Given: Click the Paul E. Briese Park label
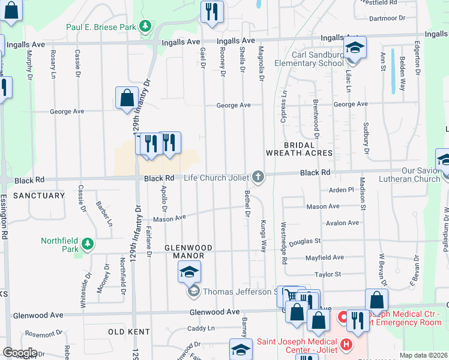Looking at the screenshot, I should click(x=101, y=27).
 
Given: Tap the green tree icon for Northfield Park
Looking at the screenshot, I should click(x=88, y=244).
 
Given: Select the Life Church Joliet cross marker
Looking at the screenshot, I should click(x=258, y=176).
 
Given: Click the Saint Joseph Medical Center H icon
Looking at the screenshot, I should click(x=346, y=344).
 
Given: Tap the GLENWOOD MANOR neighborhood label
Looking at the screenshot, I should click(x=188, y=251).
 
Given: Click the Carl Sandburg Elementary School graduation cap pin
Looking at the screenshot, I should click(x=354, y=47).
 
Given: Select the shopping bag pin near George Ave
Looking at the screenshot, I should click(x=127, y=98).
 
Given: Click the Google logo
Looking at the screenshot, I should click(x=20, y=353).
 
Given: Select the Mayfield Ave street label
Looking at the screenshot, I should click(x=324, y=257).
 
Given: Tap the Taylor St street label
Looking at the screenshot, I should click(x=328, y=274).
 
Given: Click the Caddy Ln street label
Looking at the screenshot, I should click(x=200, y=328).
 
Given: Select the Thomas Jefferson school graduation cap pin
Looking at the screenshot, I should click(x=189, y=273).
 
